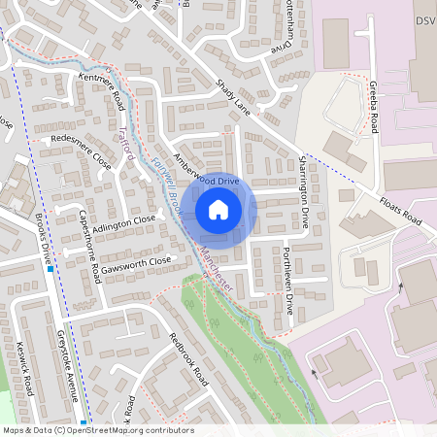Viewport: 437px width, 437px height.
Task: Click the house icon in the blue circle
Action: (x=218, y=209)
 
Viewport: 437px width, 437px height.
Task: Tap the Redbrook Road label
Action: (x=188, y=358)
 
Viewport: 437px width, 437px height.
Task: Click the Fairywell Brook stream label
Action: (x=159, y=184)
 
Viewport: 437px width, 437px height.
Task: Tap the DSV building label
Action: (x=425, y=21)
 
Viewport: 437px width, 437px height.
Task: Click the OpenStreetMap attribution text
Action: (x=97, y=430)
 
